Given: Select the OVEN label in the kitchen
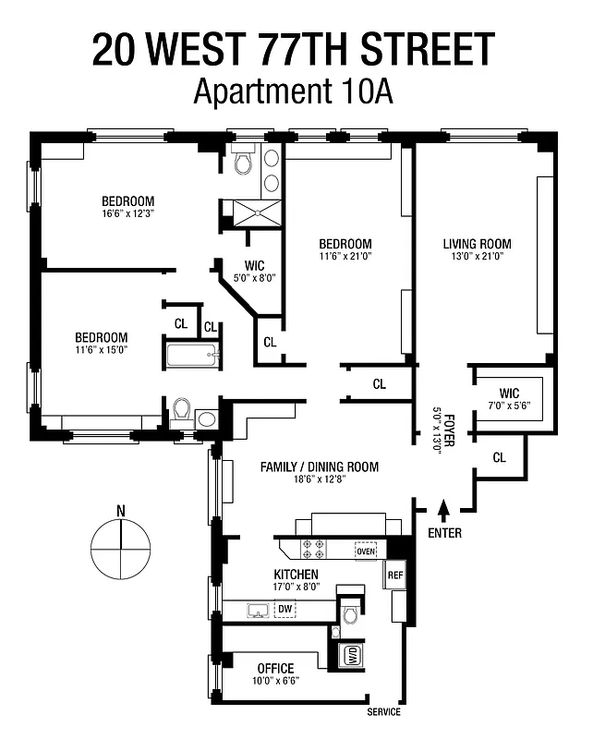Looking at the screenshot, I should tap(367, 551).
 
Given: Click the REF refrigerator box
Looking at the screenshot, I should tap(395, 575).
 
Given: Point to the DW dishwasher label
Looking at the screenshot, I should tap(284, 610).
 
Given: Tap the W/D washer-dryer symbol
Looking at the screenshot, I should tap(351, 656).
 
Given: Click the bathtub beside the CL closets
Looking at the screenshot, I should tap(191, 355).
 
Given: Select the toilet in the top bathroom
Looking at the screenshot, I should tap(243, 164).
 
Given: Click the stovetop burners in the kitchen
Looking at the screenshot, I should tap(313, 549).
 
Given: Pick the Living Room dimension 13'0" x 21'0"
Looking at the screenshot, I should tap(477, 258).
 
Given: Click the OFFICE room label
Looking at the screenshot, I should tap(275, 668).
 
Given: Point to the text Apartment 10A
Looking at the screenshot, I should tap(293, 92).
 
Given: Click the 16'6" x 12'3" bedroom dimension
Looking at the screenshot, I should tap(127, 214).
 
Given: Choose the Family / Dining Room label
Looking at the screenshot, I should tap(320, 466).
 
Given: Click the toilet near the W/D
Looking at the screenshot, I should tap(349, 614).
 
